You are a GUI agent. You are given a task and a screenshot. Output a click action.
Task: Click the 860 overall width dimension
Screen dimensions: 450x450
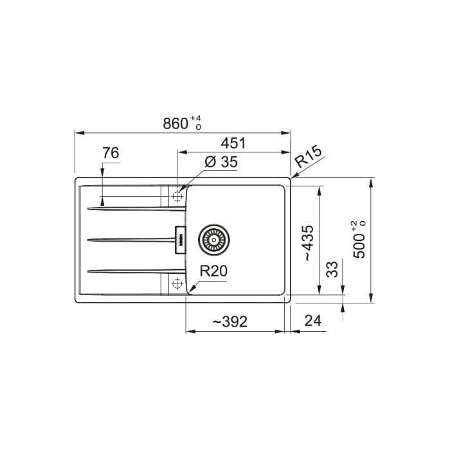point(175,123)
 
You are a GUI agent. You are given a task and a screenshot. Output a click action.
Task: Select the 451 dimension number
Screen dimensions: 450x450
point(233,143)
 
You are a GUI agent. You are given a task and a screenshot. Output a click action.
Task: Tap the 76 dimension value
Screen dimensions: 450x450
point(111,153)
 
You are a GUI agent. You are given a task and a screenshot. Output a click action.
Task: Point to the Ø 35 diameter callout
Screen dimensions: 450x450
point(221,162)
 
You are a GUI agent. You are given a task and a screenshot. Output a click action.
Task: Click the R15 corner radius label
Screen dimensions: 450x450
point(309,157)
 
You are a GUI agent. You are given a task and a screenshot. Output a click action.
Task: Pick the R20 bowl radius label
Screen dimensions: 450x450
point(213,271)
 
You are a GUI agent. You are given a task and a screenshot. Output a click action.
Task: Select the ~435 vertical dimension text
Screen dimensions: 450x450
point(309,242)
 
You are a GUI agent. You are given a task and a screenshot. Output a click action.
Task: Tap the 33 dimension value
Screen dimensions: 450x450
point(332,269)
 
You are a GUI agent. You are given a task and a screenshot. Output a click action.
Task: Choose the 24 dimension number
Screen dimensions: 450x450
point(313,321)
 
